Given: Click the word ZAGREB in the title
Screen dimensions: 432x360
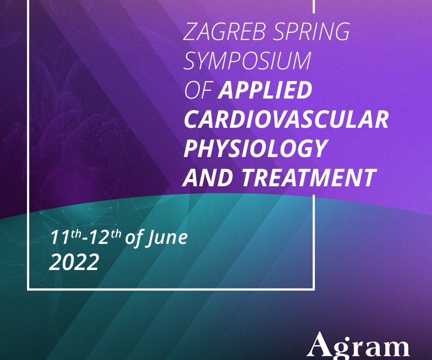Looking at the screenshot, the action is (x=224, y=31).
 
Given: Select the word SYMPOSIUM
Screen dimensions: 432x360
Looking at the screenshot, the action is (x=247, y=61).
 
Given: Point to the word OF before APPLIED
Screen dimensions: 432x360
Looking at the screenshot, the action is (x=198, y=90).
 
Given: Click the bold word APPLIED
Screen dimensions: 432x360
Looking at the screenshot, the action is (x=265, y=90).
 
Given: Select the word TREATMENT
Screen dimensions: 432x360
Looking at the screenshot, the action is (x=309, y=177).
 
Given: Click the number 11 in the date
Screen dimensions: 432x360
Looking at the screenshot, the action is (x=60, y=238).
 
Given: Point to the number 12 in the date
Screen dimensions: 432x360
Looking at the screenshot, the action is (x=99, y=238).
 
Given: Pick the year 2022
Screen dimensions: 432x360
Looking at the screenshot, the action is (x=74, y=262).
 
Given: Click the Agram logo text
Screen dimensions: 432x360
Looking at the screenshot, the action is (x=359, y=346).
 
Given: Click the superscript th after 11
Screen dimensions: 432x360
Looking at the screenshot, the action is (x=76, y=234).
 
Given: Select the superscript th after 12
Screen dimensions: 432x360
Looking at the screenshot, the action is (x=116, y=234).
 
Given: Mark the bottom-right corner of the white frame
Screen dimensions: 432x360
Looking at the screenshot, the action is (x=314, y=289).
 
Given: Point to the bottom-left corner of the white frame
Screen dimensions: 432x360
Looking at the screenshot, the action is (x=28, y=289).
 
